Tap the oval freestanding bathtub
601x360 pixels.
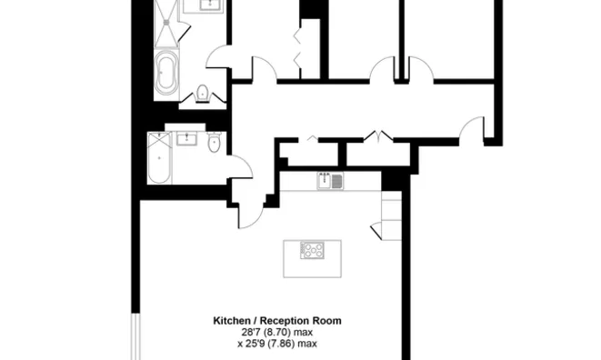click(167, 75)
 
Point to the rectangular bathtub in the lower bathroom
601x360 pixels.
click(158, 158)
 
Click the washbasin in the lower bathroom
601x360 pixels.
click(189, 139)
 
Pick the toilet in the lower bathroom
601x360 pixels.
click(215, 143)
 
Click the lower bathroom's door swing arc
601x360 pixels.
click(239, 166)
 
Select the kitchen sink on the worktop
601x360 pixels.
click(330, 181)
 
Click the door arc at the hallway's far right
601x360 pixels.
click(470, 133)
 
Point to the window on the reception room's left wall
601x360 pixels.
click(136, 336)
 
